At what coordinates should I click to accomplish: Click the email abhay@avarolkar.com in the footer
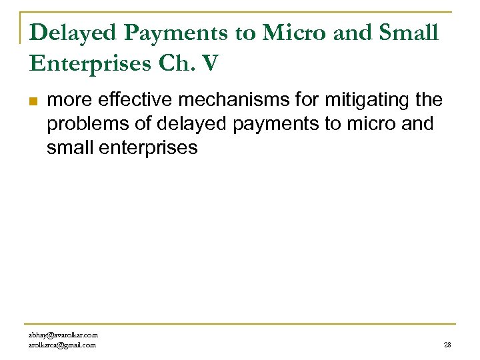click(63, 335)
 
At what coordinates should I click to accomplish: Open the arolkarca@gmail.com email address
click(62, 345)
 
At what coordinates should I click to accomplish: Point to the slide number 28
click(447, 345)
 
